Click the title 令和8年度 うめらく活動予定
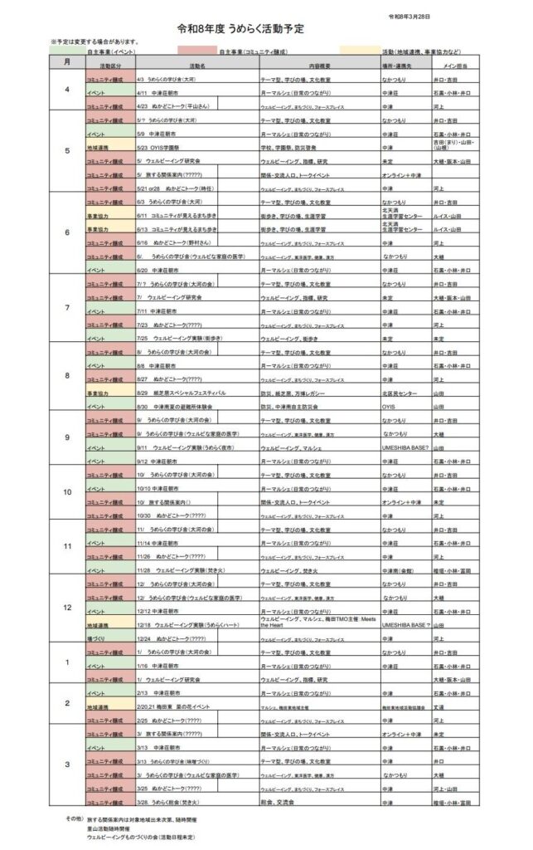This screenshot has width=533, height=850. pyautogui.click(x=240, y=28)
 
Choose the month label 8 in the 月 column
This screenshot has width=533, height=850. pyautogui.click(x=67, y=375)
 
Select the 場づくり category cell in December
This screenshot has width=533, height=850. pyautogui.click(x=99, y=638)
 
